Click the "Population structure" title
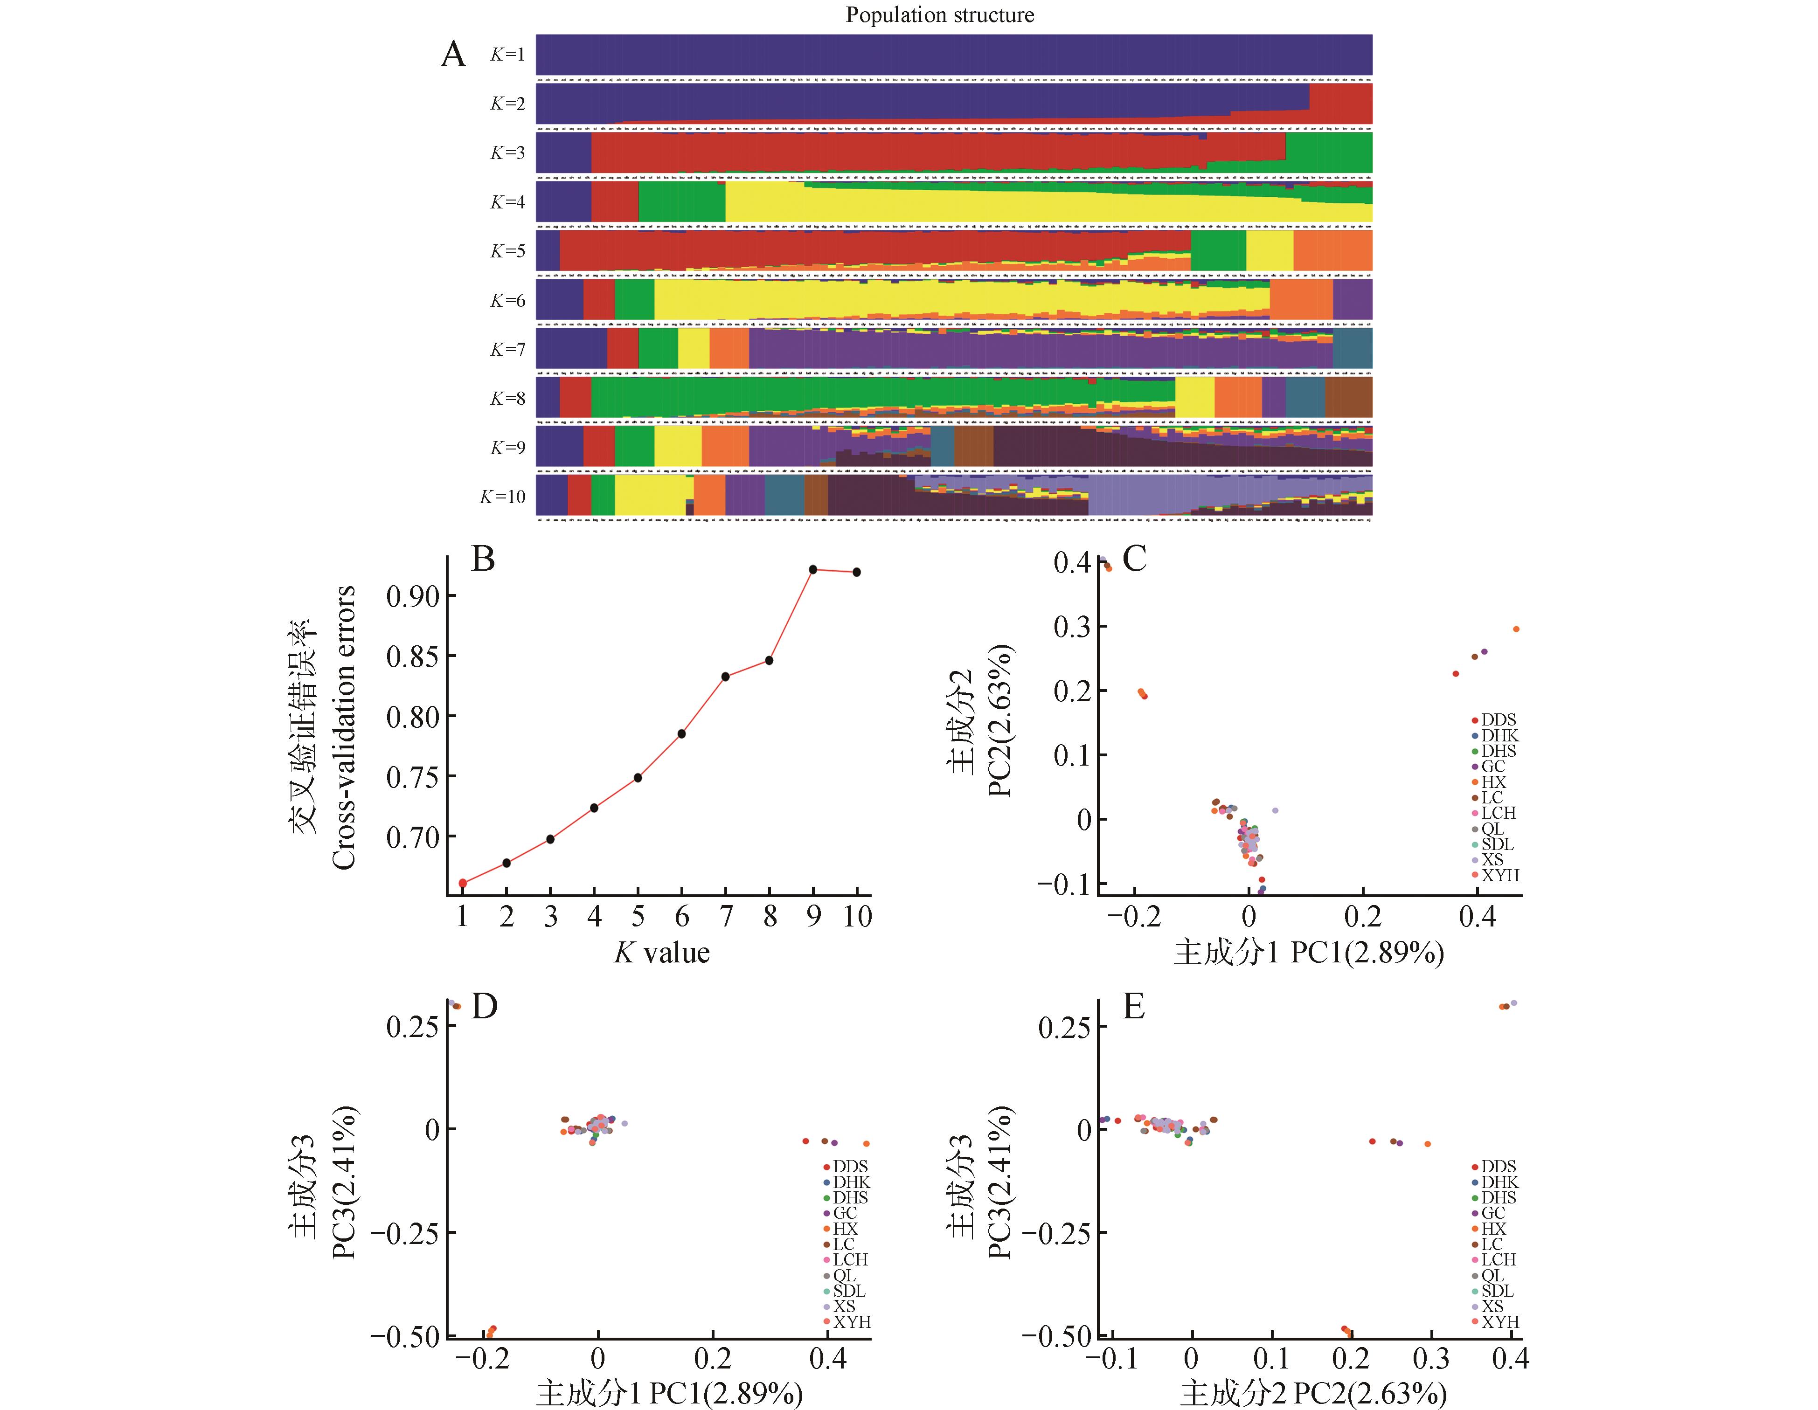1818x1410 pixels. [x=940, y=15]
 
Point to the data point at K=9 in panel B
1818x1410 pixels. [x=813, y=569]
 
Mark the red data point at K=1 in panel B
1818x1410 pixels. [x=463, y=883]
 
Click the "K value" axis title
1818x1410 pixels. [x=662, y=952]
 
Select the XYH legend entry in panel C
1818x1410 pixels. [x=1499, y=876]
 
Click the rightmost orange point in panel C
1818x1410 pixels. [x=1516, y=629]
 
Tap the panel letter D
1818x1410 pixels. [x=484, y=1007]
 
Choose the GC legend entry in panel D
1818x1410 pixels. [x=845, y=1214]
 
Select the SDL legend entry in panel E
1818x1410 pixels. [x=1497, y=1291]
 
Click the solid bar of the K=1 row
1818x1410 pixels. [x=953, y=55]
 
